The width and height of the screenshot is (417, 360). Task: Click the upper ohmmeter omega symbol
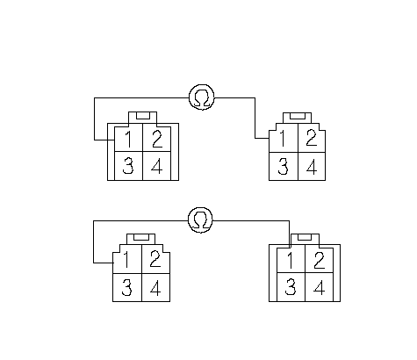[x=202, y=97]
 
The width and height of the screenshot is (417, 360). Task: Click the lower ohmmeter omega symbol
[x=200, y=220]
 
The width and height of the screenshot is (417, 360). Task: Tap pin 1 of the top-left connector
[x=128, y=139]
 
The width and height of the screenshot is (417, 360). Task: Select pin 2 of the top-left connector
[x=157, y=139]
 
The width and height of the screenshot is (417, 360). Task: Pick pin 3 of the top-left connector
[x=128, y=166]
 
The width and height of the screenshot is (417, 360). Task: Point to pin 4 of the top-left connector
[x=157, y=166]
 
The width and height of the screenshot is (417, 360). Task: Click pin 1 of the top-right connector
[x=284, y=138]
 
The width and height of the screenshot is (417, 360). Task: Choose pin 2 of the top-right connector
[x=312, y=138]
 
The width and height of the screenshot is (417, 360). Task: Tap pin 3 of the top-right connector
[x=284, y=166]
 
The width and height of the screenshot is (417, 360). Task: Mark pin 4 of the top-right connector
[x=312, y=166]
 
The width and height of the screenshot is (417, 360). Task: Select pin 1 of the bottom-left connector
[x=127, y=259]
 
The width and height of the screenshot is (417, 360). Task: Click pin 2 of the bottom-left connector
[x=156, y=259]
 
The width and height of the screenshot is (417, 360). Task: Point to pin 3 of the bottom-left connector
[x=127, y=287]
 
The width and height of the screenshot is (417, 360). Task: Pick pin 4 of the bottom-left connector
[x=156, y=287]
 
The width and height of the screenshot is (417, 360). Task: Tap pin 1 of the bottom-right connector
[x=291, y=261]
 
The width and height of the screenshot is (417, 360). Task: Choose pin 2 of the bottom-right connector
[x=320, y=261]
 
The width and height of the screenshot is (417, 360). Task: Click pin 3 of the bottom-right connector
[x=291, y=287]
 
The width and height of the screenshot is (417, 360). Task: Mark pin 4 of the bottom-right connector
[x=320, y=287]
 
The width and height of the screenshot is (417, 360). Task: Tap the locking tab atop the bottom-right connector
[x=305, y=239]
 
